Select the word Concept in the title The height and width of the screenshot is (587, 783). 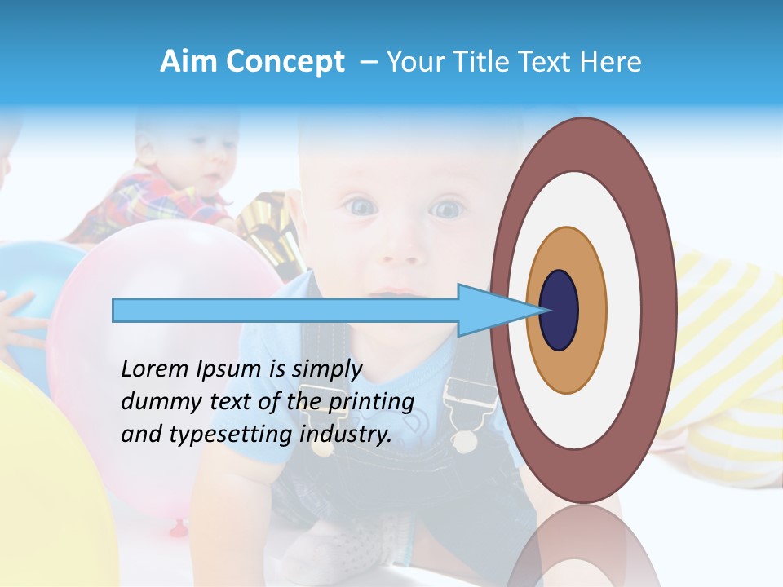(285, 62)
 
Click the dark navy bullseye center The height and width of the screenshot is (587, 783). (559, 310)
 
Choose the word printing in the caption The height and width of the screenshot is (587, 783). (372, 402)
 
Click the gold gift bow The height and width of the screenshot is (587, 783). (269, 228)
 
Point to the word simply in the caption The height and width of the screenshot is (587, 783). (327, 369)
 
